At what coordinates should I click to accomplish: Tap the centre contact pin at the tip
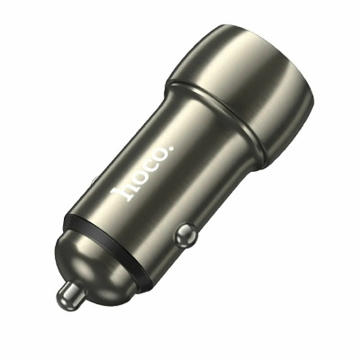tap(70, 294)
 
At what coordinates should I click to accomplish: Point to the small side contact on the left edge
tap(94, 181)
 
